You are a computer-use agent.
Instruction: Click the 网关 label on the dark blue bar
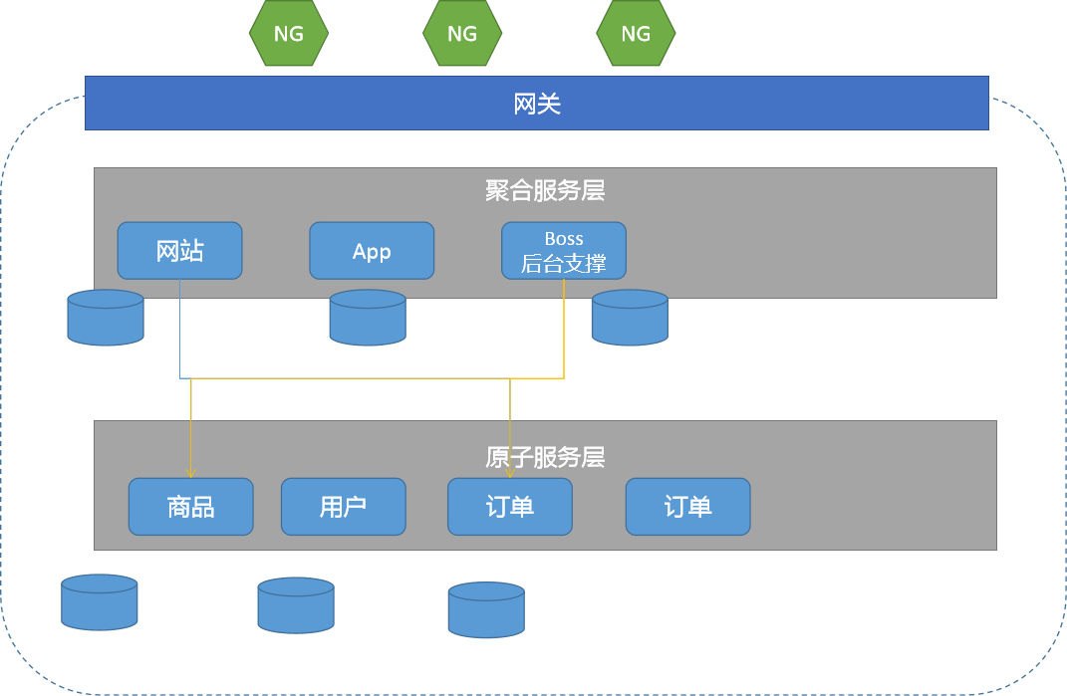(x=537, y=105)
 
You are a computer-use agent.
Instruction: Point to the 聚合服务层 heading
(x=545, y=190)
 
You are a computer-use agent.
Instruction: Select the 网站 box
(x=179, y=250)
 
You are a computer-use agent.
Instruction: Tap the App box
(x=372, y=250)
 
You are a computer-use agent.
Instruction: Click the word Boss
(x=564, y=239)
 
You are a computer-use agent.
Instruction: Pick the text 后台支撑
(x=564, y=263)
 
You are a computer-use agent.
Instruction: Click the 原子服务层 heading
(x=545, y=457)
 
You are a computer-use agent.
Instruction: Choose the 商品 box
(x=190, y=507)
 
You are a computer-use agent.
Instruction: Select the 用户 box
(x=344, y=507)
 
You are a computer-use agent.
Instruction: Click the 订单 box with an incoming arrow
(x=510, y=507)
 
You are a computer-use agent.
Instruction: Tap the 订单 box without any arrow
(x=688, y=507)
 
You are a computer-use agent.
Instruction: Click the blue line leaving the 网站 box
(x=179, y=329)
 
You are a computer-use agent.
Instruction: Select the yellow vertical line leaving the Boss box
(x=564, y=329)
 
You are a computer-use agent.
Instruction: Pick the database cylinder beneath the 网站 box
(x=106, y=317)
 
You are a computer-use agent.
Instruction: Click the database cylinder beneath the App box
(x=369, y=317)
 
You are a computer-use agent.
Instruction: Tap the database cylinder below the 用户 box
(x=296, y=605)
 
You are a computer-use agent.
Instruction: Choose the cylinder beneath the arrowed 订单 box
(x=486, y=609)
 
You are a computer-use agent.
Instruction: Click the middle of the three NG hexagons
(x=462, y=33)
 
